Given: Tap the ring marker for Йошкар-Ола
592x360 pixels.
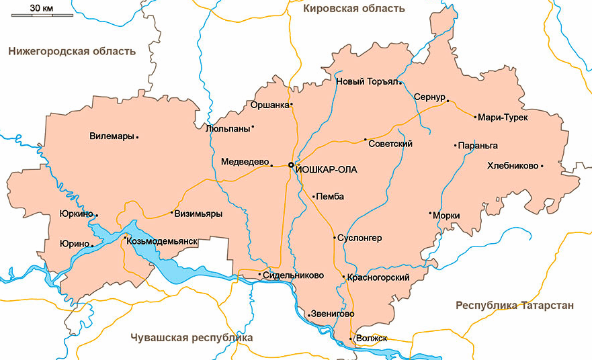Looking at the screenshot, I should tap(291, 165).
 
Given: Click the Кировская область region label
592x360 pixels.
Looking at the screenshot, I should tap(354, 9).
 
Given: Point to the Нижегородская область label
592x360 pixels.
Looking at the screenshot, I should tap(72, 51).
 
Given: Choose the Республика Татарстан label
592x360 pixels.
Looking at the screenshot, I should tap(515, 306).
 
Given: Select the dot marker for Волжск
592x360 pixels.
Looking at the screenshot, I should tap(351, 338).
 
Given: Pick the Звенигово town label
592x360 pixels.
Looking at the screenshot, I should tap(333, 314).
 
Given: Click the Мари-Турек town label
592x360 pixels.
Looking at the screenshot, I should tap(503, 118).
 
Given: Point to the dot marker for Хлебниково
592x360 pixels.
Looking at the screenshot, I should tap(542, 165).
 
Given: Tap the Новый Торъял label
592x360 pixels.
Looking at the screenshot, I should tap(367, 83).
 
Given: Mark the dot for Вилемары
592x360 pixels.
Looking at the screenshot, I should tap(137, 137).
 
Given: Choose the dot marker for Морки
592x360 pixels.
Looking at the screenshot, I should tap(430, 214).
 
